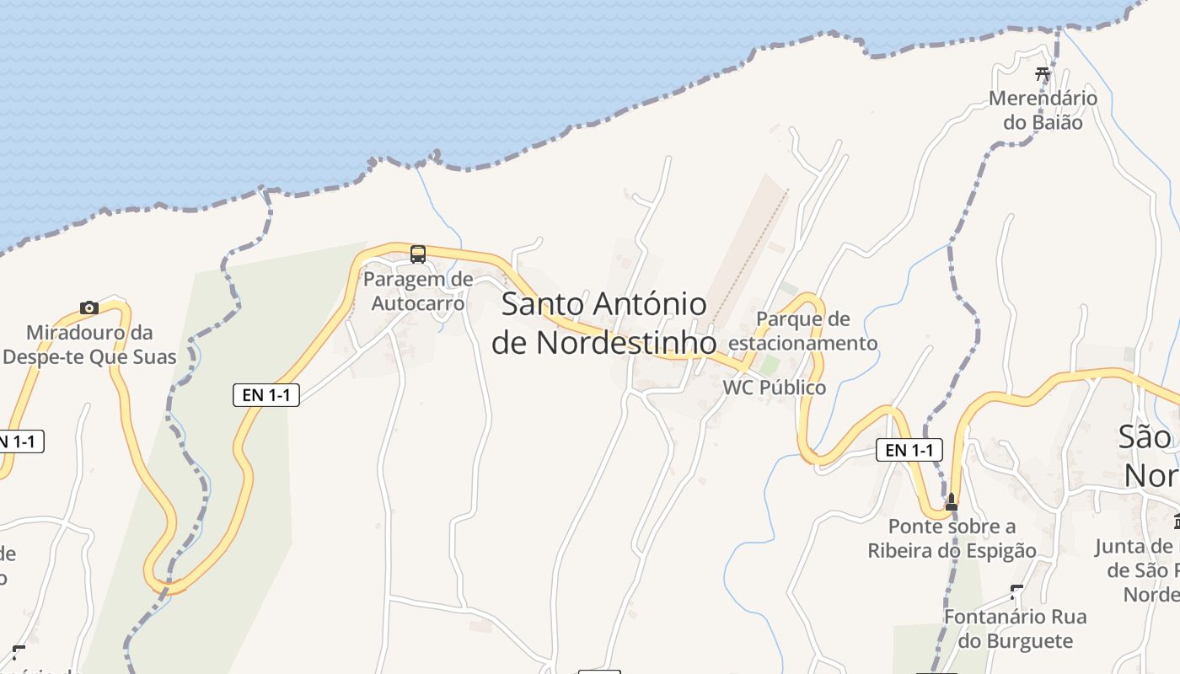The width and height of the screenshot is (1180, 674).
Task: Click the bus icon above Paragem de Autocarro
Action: [418, 254]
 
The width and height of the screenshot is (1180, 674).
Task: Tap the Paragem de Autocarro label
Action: [418, 291]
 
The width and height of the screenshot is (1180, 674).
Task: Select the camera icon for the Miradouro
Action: [89, 308]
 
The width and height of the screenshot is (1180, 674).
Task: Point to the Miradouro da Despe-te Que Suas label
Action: [89, 345]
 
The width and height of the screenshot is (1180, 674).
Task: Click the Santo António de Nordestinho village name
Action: [603, 324]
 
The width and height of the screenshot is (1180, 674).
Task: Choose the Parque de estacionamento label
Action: [803, 331]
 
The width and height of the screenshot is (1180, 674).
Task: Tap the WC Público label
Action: [775, 388]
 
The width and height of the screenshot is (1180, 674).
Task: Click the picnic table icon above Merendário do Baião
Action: [1043, 74]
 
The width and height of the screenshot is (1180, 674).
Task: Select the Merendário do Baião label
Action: [1043, 110]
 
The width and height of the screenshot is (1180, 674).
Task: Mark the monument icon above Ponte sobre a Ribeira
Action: [952, 502]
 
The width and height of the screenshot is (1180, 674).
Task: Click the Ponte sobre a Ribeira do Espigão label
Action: [952, 538]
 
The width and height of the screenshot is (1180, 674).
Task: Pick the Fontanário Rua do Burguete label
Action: [1015, 629]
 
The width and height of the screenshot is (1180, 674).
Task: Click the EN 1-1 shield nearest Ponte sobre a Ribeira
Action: [909, 450]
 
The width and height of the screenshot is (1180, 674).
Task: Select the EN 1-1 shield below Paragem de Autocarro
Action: [266, 394]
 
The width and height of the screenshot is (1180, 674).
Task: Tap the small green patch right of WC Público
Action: [769, 365]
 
